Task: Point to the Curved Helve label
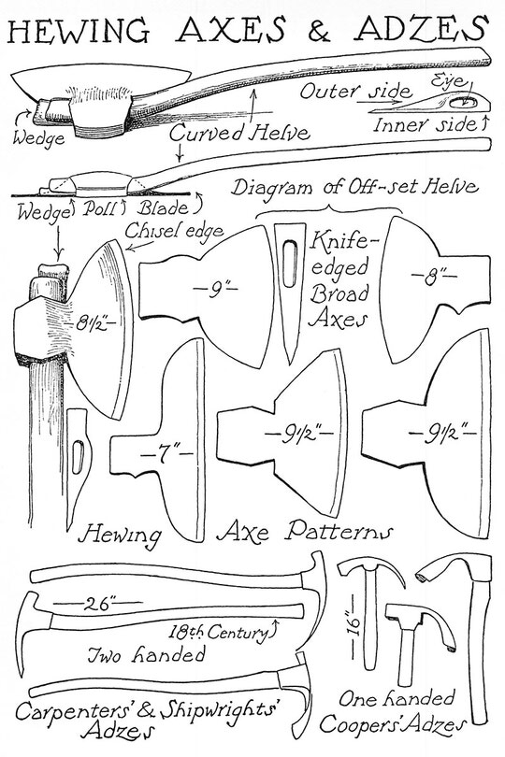tap(239, 133)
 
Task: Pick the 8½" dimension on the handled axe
tap(95, 322)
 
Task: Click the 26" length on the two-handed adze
tap(98, 604)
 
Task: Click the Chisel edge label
tap(174, 231)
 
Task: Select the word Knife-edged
tap(339, 253)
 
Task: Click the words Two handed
tap(146, 654)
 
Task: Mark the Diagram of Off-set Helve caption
tap(354, 187)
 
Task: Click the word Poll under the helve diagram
tap(102, 208)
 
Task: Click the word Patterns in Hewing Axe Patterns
tap(338, 532)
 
